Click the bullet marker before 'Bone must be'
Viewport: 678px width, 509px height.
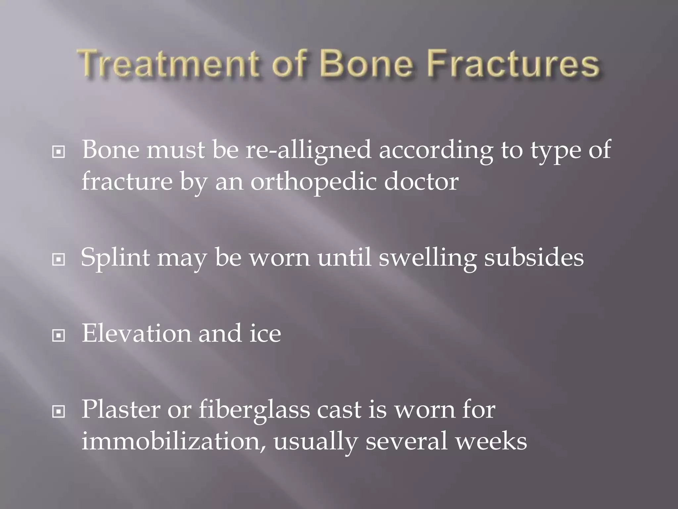coord(59,152)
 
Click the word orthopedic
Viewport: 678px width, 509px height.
coord(313,182)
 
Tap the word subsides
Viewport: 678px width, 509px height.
coord(534,257)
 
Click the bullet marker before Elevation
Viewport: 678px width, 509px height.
coord(59,336)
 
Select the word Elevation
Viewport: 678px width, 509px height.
coord(136,333)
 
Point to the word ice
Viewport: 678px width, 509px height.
coord(265,333)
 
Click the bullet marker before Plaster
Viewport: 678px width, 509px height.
coord(59,412)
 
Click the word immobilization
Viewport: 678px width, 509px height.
coord(172,441)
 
